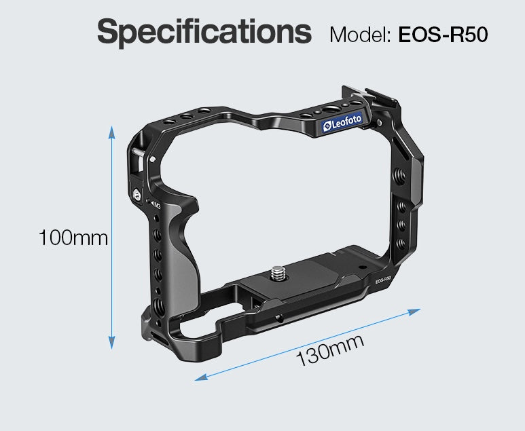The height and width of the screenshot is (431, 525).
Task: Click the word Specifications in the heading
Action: point(204,33)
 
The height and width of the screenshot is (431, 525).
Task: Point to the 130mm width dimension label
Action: point(329,351)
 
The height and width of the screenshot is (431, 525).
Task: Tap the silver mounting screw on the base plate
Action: point(278,273)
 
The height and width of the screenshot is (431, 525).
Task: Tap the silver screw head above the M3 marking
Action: point(139,194)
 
